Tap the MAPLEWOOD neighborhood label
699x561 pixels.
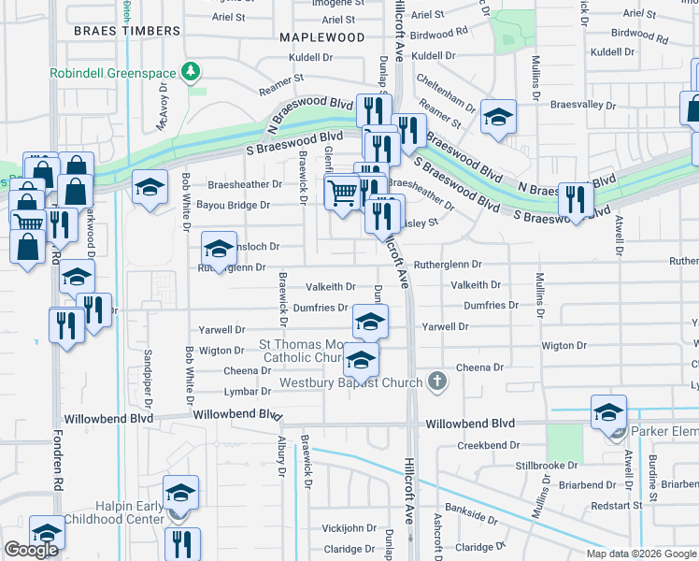pyautogui.click(x=321, y=37)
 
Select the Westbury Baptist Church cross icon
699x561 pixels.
pyautogui.click(x=436, y=381)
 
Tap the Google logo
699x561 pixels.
pyautogui.click(x=31, y=549)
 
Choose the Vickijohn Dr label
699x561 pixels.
pyautogui.click(x=348, y=528)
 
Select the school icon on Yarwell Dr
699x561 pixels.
pyautogui.click(x=370, y=322)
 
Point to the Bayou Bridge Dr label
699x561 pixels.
pyautogui.click(x=238, y=205)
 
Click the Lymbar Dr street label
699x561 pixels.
pyautogui.click(x=248, y=392)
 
